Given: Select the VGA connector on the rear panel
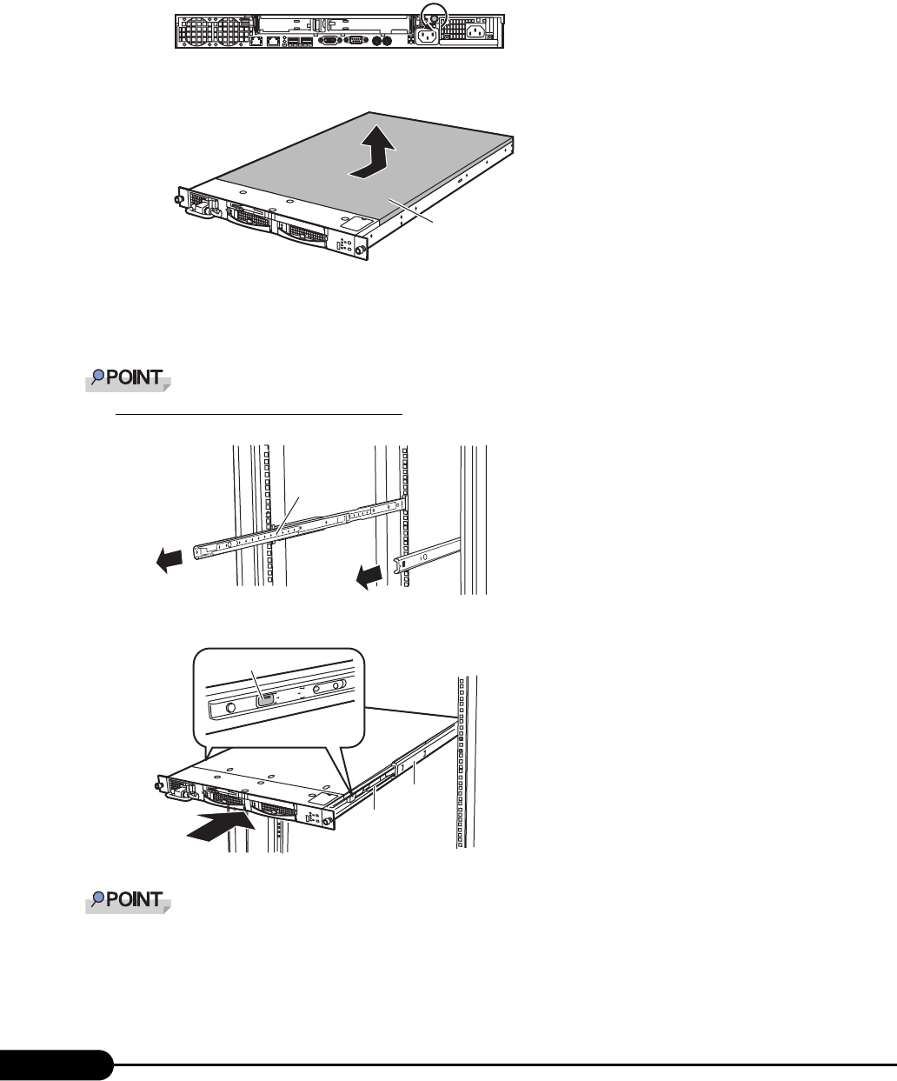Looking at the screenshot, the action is (x=329, y=40).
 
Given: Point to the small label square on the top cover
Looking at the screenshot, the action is (x=353, y=224).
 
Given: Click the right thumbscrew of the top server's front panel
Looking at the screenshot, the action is (x=371, y=254).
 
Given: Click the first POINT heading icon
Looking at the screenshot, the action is (x=129, y=379).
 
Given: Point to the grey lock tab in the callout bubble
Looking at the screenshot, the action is (x=267, y=699).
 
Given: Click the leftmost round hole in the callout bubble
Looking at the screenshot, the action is (x=231, y=707).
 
